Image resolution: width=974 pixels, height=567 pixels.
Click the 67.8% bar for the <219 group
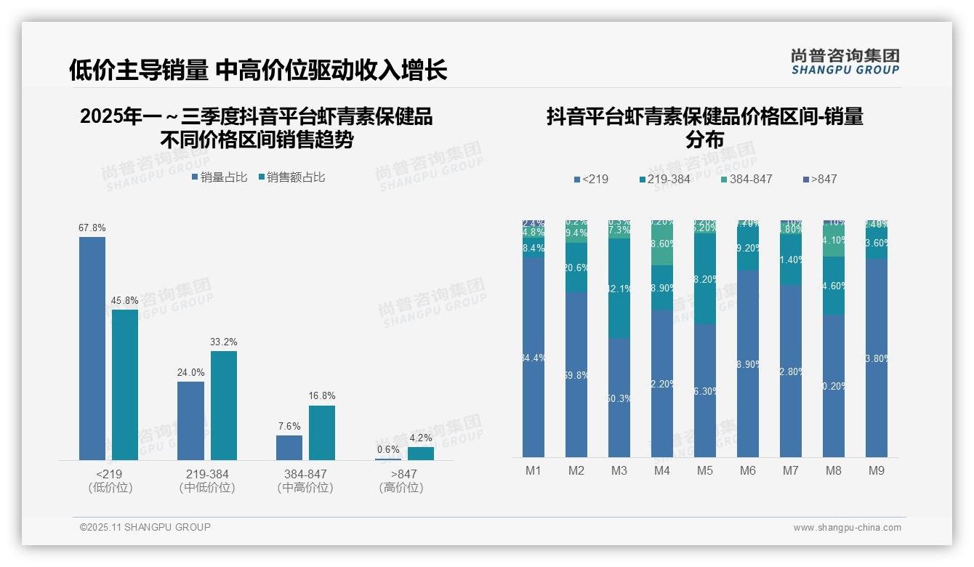(92, 348)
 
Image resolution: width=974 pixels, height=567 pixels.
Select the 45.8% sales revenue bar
(124, 385)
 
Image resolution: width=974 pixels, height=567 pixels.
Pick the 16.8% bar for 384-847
(322, 433)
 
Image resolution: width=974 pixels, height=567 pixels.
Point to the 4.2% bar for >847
(420, 453)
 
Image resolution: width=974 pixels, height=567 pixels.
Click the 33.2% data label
(223, 342)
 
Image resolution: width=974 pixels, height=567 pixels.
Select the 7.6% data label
(289, 426)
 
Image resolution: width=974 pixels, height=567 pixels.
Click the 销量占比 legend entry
(219, 177)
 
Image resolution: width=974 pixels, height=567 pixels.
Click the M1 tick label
(534, 470)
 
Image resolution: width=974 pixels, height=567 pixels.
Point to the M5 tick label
(705, 470)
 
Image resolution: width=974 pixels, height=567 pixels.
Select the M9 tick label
(877, 470)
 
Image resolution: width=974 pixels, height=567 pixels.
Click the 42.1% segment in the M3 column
(619, 289)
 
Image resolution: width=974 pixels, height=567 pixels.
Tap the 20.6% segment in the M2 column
(576, 268)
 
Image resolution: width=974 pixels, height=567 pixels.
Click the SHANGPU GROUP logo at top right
(845, 62)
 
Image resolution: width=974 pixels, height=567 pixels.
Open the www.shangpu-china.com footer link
(847, 528)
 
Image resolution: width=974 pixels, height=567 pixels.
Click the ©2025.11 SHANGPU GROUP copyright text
(145, 527)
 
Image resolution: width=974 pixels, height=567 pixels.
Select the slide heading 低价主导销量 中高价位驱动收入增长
(258, 70)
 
